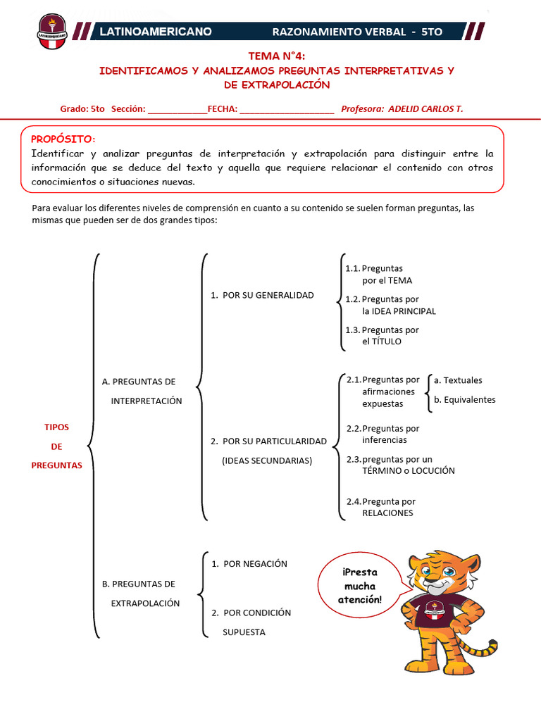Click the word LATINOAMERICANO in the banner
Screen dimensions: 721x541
(x=156, y=32)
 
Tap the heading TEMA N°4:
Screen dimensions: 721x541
(x=277, y=56)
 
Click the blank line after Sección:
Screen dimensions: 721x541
(x=178, y=110)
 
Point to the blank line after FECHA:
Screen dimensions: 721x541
(x=287, y=110)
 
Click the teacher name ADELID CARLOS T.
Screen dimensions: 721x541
(x=425, y=108)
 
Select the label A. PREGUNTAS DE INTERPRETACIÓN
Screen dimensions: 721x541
(x=141, y=391)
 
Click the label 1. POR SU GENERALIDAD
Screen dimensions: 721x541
(x=262, y=295)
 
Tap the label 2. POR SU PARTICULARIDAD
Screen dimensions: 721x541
(x=268, y=441)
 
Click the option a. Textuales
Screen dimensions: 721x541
(x=458, y=380)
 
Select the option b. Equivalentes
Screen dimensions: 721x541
(x=464, y=399)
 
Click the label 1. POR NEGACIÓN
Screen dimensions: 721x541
(x=249, y=564)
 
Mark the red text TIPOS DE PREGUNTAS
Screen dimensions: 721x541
(x=57, y=446)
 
